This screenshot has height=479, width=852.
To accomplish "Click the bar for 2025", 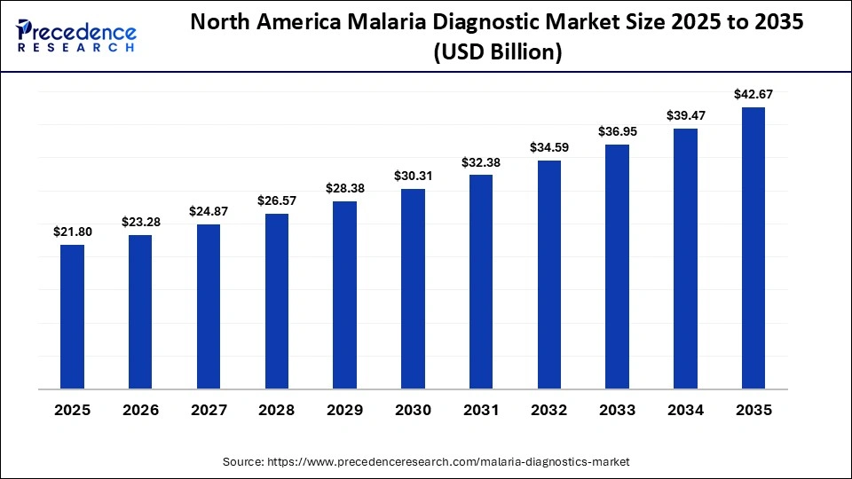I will [72, 317].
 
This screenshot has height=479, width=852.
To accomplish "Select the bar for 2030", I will [413, 288].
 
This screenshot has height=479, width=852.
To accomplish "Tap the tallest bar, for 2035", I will [753, 247].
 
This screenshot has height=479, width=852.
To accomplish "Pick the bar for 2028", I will [277, 301].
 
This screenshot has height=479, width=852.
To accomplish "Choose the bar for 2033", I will [617, 266].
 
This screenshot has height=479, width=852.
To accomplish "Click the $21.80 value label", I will [72, 232].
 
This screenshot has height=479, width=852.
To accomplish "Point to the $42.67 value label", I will [753, 94].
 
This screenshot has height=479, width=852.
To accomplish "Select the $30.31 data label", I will [413, 176].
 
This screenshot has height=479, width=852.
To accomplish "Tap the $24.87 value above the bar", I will [209, 211].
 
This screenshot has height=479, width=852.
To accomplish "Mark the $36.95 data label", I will [617, 131].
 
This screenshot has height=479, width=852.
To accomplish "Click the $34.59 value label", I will [549, 146].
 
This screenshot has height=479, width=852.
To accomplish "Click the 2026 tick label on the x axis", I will [140, 410].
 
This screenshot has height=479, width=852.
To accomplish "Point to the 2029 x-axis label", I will [344, 410].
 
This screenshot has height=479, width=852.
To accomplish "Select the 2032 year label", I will [549, 410].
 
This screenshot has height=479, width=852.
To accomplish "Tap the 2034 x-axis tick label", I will [685, 410].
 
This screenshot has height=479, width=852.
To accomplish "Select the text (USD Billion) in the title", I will [497, 53].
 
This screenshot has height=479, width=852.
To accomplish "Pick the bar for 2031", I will [481, 281].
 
